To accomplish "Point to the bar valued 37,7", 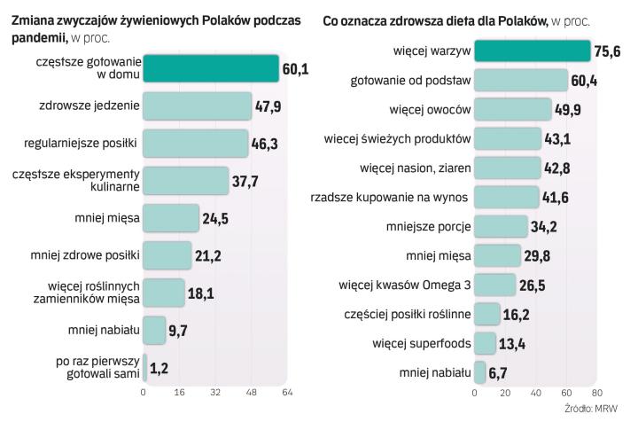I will click(183, 180).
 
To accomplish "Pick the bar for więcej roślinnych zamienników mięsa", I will click(164, 292).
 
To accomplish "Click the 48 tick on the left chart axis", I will click(251, 392).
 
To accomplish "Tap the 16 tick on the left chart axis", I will click(179, 392).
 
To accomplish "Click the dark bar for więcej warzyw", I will click(532, 51).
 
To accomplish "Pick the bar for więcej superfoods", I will click(485, 343).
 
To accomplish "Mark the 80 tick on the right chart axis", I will click(596, 392).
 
